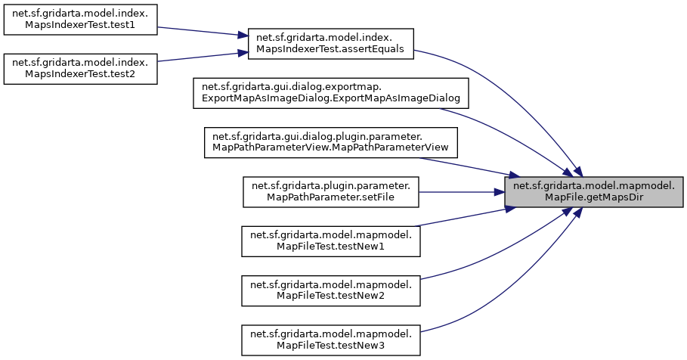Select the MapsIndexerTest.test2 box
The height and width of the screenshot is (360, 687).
[80, 68]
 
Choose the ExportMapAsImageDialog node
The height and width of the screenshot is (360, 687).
[332, 92]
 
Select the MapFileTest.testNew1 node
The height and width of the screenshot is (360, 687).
[331, 240]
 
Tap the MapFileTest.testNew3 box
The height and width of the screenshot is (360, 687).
[331, 338]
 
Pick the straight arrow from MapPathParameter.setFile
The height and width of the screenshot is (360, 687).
[461, 191]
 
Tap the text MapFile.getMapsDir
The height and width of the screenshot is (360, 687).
[594, 197]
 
